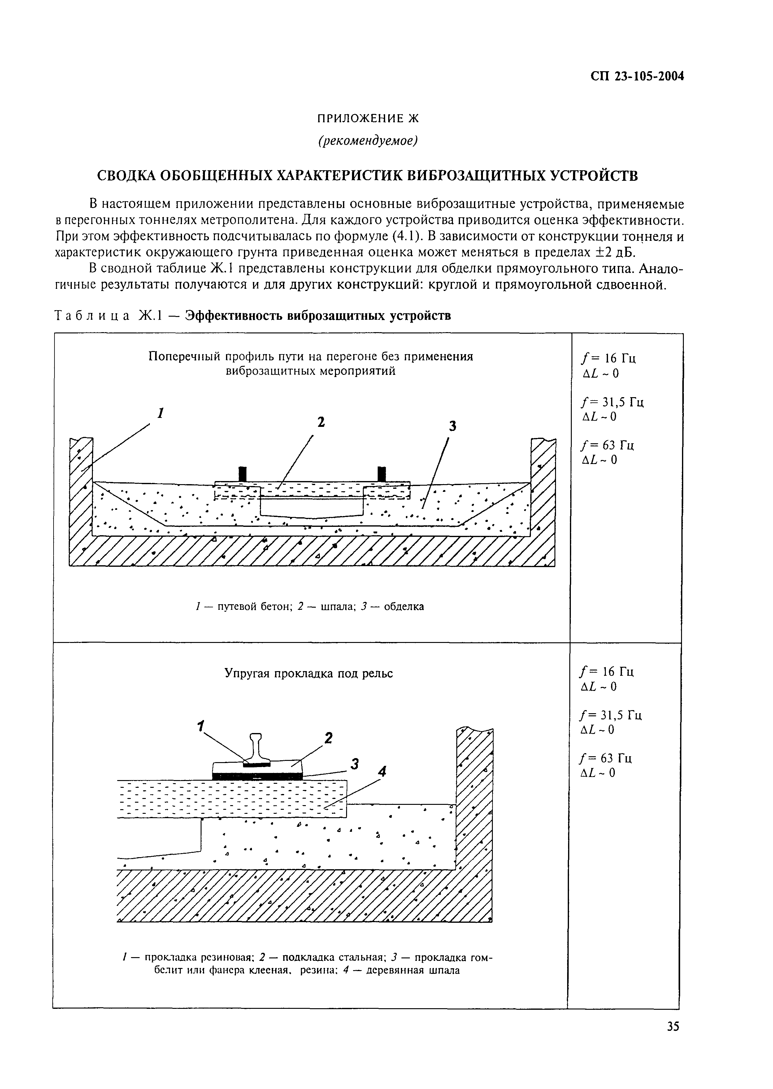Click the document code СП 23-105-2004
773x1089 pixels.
tap(637, 76)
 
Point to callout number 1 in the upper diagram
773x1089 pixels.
tap(161, 413)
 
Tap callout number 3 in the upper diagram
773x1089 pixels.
tap(452, 427)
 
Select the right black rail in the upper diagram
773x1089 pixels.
tap(381, 474)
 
